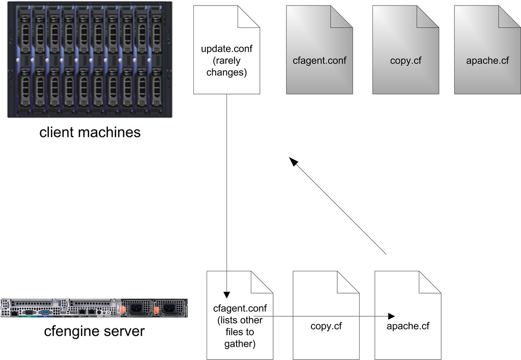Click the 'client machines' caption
coord(90,132)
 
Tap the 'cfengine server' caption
coord(94,331)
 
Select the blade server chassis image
coord(86,60)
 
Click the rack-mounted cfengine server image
coord(94,308)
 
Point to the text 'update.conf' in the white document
coord(227,49)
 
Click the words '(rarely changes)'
coord(227,67)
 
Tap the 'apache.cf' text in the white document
coord(408,326)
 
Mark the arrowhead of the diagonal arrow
coord(294,161)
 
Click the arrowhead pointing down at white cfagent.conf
coord(227,295)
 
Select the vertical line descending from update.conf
coord(227,193)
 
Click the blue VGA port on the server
coord(45,312)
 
